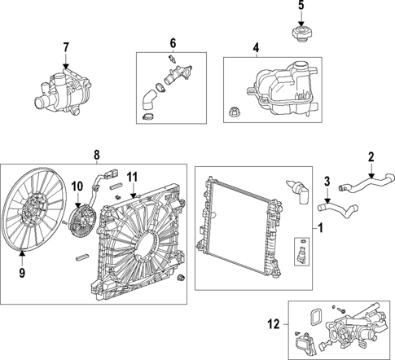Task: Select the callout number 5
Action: pyautogui.click(x=300, y=7)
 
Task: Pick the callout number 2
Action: pyautogui.click(x=371, y=157)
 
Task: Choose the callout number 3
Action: pyautogui.click(x=328, y=181)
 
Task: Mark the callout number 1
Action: pyautogui.click(x=318, y=229)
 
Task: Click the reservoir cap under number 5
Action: pyautogui.click(x=301, y=34)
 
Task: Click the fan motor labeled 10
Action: pyautogui.click(x=84, y=219)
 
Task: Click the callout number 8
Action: pyautogui.click(x=96, y=154)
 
